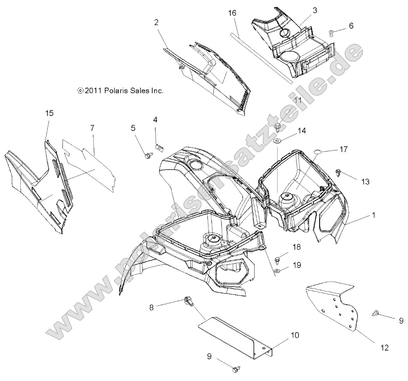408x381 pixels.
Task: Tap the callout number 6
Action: [350, 25]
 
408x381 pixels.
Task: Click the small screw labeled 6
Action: [331, 33]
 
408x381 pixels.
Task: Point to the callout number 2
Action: [156, 23]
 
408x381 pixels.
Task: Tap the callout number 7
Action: [93, 128]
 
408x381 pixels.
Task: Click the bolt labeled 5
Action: [147, 155]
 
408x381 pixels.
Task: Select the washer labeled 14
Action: [278, 142]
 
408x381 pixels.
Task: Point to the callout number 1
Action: [373, 214]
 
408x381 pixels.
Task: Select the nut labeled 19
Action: [278, 271]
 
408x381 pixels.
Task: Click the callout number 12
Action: [385, 348]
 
